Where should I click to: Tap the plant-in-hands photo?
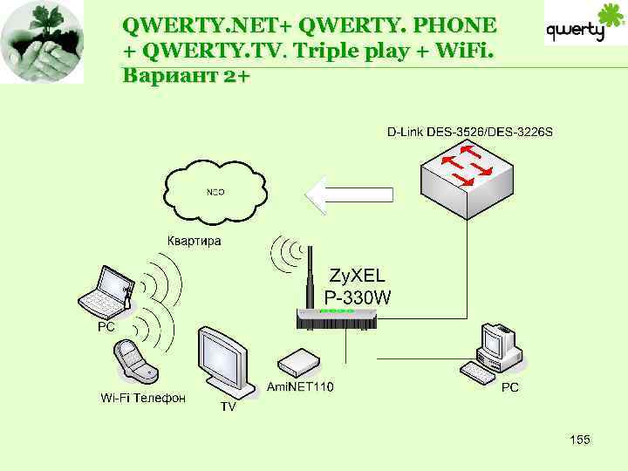click(x=43, y=42)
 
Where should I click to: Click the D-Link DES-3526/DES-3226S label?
click(x=470, y=133)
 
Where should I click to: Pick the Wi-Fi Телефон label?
click(x=143, y=399)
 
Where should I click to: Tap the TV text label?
click(x=227, y=407)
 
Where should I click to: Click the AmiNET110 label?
click(x=300, y=386)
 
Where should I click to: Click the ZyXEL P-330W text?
click(x=358, y=285)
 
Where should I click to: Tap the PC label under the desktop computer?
click(x=510, y=387)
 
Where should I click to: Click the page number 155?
click(x=579, y=440)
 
